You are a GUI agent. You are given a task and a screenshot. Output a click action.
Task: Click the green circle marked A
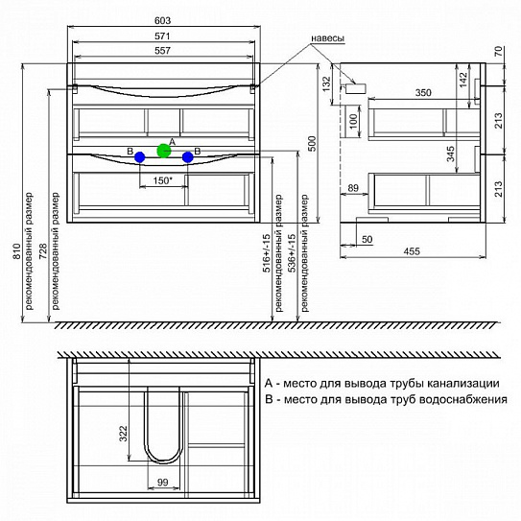click(x=164, y=151)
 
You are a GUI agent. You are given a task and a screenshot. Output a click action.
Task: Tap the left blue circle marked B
click(x=140, y=157)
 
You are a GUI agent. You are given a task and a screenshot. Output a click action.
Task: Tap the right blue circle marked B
click(x=188, y=157)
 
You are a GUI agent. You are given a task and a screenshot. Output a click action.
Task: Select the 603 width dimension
click(x=163, y=20)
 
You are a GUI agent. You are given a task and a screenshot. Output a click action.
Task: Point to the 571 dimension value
click(x=162, y=36)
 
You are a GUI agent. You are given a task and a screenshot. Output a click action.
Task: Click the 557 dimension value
click(x=162, y=51)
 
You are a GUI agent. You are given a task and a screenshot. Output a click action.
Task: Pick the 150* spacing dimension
click(x=162, y=180)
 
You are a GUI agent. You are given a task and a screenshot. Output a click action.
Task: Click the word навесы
click(x=327, y=38)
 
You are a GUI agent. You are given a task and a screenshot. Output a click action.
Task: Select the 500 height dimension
click(x=312, y=144)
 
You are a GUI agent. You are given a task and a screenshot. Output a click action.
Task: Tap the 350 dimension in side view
click(x=423, y=93)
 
